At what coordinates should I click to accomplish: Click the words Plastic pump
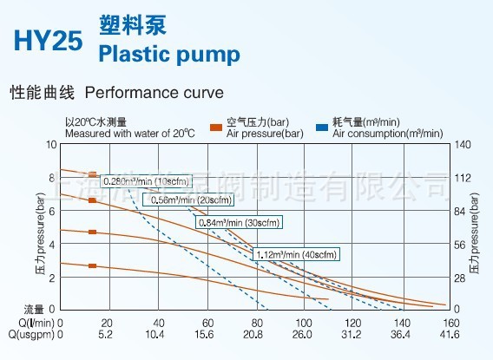(x=169, y=56)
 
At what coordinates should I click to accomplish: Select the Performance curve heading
(x=153, y=91)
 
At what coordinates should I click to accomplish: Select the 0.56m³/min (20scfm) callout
(x=190, y=200)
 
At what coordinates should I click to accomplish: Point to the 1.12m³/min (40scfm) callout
(x=295, y=254)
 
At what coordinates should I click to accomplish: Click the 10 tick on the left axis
(x=50, y=144)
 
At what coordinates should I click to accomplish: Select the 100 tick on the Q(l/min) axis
(x=305, y=322)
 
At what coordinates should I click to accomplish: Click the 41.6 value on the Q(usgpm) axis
(x=450, y=334)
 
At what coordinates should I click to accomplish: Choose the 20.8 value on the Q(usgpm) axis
(x=255, y=334)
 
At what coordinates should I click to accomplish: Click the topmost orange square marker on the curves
(x=93, y=175)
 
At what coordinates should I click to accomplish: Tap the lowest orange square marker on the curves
(x=93, y=265)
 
